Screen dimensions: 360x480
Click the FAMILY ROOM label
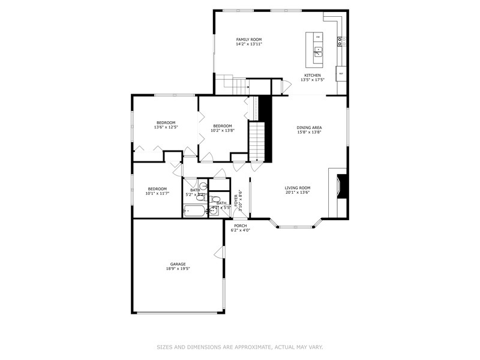click(x=248, y=39)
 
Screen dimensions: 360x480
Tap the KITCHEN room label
click(x=312, y=75)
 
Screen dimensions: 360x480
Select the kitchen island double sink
click(x=318, y=52)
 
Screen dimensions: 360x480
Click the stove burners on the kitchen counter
click(x=340, y=41)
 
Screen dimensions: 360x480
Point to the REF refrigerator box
click(x=341, y=74)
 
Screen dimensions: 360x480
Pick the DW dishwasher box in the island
click(x=317, y=37)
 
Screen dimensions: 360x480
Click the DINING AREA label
click(x=309, y=127)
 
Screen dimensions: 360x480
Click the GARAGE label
click(x=177, y=264)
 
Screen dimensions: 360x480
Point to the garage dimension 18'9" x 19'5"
click(x=177, y=269)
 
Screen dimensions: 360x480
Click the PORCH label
click(x=240, y=226)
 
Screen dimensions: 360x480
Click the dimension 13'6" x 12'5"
click(x=166, y=127)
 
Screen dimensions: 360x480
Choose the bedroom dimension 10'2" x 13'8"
click(x=222, y=130)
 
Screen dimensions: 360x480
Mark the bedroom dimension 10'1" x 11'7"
click(x=157, y=193)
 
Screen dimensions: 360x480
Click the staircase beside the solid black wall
click(x=257, y=141)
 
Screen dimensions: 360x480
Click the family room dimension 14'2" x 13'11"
click(x=248, y=44)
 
